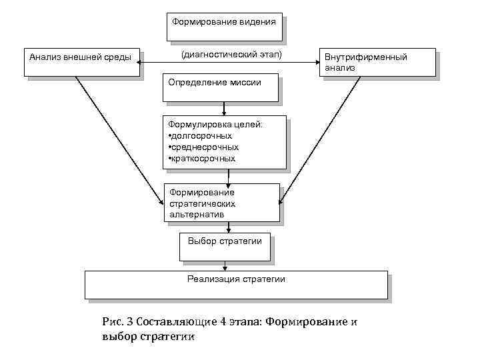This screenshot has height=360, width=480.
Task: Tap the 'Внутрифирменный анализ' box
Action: [x=377, y=63]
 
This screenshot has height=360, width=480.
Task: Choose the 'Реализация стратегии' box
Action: [x=236, y=284]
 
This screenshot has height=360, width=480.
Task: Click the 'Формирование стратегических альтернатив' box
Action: [x=221, y=202]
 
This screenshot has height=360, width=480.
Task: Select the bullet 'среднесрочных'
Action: [x=204, y=147]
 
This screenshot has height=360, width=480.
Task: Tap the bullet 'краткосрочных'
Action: [x=203, y=159]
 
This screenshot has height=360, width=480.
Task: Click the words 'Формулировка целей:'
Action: [x=215, y=124]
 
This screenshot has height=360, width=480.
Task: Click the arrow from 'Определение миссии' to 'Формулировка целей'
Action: [x=224, y=109]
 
